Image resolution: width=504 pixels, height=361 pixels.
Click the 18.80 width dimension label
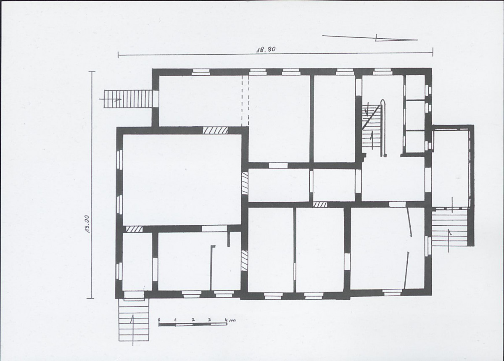266,50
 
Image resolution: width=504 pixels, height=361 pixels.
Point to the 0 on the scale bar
159,320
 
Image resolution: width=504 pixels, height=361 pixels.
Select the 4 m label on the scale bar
230,320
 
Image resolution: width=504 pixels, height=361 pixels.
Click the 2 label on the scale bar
193,320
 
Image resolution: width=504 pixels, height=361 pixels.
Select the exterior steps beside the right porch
449,227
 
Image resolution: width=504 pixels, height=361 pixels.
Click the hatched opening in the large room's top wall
215,130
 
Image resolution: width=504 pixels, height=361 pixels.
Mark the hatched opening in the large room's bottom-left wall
134,229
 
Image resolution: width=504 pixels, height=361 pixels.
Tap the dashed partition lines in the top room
245,101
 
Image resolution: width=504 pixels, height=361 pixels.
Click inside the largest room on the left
182,179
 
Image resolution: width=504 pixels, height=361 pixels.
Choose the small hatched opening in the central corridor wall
320,204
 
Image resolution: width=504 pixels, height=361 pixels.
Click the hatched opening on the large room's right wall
245,183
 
